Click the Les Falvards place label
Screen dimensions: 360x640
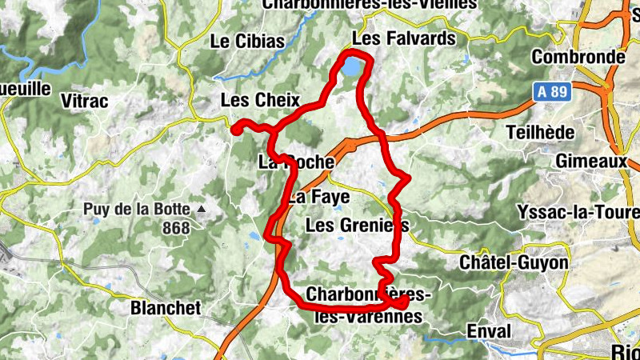(x=404, y=38)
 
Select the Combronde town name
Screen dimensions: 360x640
(x=578, y=58)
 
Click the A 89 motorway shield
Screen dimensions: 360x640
(x=552, y=93)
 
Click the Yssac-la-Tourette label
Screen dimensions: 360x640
(x=590, y=212)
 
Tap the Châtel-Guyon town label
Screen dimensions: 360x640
(x=514, y=262)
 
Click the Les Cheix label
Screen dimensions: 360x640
(x=260, y=101)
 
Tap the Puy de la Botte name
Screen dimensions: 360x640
(x=137, y=210)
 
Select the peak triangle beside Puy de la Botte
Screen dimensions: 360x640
(x=202, y=210)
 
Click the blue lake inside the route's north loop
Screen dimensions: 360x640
(x=350, y=67)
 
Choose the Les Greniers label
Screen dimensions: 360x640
(x=357, y=226)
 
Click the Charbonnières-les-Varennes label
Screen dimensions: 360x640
(x=368, y=305)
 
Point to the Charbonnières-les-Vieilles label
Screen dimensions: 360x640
(x=370, y=4)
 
